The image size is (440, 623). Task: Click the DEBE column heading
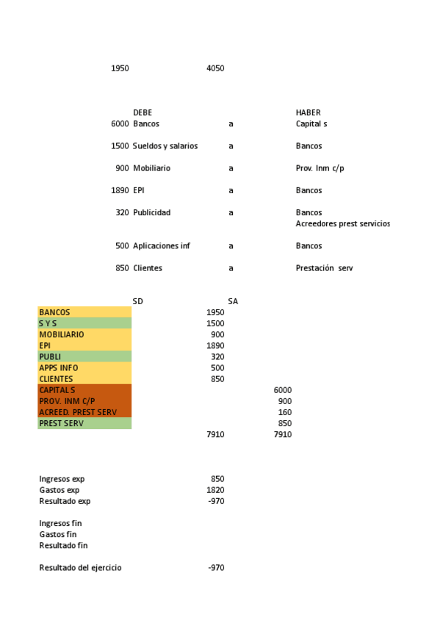(x=143, y=112)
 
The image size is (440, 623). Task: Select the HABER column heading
(x=308, y=112)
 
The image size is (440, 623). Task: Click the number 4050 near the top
(x=215, y=68)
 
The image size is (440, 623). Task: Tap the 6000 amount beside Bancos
(x=120, y=123)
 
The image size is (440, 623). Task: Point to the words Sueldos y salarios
(x=165, y=146)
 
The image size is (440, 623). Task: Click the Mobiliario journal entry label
(x=151, y=168)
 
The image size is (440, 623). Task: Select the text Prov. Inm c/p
(x=320, y=168)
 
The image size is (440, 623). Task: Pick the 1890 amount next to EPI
(x=120, y=190)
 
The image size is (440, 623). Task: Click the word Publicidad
(x=151, y=212)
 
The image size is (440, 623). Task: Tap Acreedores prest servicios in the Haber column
(x=342, y=223)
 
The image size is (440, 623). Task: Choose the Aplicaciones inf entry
(x=161, y=246)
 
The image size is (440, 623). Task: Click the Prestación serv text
(x=324, y=268)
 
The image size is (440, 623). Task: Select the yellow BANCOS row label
(x=54, y=312)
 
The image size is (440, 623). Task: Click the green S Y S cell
(x=48, y=323)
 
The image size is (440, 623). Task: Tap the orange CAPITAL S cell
(x=57, y=390)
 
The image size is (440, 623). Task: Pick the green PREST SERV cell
(x=61, y=423)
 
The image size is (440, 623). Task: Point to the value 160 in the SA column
(x=285, y=412)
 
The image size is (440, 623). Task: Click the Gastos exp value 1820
(x=216, y=490)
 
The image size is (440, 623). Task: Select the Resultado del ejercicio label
(x=80, y=568)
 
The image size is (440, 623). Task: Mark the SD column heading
(x=137, y=301)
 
